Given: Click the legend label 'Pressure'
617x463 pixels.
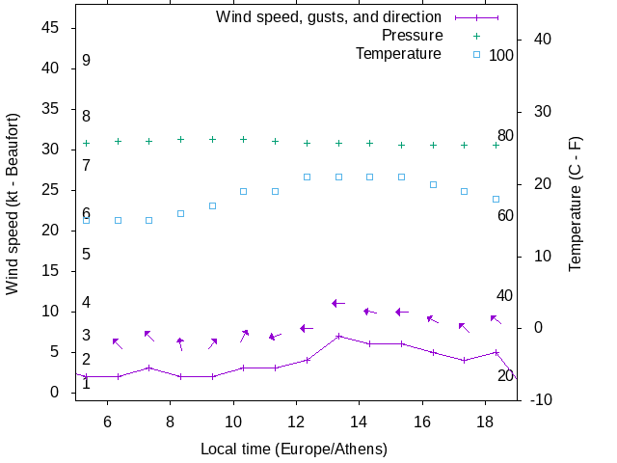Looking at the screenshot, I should [412, 36].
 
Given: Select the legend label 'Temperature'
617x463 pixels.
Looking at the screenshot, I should [398, 53].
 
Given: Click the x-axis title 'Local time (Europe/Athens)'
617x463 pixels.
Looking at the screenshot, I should [294, 449].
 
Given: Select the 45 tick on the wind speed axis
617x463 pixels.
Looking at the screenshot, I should [51, 28].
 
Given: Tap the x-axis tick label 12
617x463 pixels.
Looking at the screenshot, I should [296, 422].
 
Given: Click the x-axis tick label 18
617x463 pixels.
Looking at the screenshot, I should [485, 422].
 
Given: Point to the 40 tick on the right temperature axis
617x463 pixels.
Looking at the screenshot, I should [542, 40].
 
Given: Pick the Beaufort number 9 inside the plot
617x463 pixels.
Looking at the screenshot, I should [86, 61].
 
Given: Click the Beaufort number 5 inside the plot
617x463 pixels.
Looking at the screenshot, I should [86, 255].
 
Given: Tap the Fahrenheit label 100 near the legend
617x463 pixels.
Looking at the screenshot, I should [501, 55].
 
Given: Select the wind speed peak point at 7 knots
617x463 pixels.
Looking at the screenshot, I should [338, 336].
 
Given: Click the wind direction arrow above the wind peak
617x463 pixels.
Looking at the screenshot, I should [338, 303].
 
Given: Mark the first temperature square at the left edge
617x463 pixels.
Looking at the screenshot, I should [86, 220].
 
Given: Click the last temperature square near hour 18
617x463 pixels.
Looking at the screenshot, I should [496, 200].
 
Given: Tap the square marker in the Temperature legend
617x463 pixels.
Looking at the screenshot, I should [475, 54].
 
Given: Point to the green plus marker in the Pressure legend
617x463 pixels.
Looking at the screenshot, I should [475, 36].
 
